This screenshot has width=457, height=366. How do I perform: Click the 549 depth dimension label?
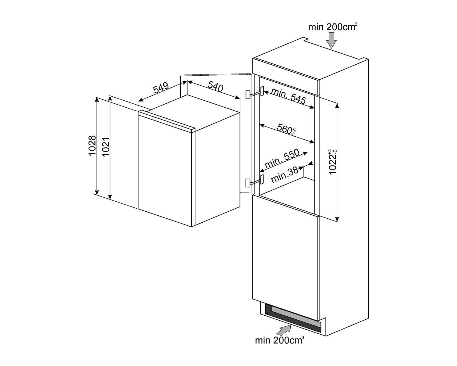pos(161,88)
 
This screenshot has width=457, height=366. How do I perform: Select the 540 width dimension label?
pos(215,86)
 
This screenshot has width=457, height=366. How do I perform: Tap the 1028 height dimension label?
pos(92,146)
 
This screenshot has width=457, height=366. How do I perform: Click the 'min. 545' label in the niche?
pos(289,96)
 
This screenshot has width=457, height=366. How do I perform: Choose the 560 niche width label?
pos(286,130)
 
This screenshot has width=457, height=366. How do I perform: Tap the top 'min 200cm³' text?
pos(333,27)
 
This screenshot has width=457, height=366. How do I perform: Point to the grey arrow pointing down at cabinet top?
pos(331,40)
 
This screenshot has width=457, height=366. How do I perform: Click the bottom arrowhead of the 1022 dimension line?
pos(337,219)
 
